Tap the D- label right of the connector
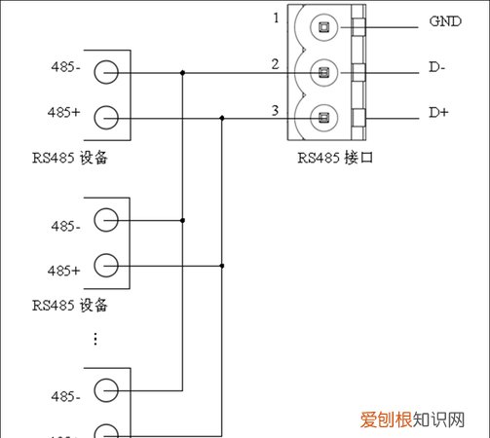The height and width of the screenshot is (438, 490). tap(437, 68)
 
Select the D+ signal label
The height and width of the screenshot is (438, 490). tap(438, 114)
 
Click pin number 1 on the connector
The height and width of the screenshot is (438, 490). tap(277, 18)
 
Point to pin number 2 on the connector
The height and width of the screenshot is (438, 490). tap(277, 64)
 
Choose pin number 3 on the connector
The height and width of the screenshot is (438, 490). tap(277, 110)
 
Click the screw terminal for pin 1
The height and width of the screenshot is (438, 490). tap(322, 27)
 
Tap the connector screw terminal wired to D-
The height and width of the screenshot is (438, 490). tap(322, 73)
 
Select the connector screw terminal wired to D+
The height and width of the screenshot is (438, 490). tap(322, 119)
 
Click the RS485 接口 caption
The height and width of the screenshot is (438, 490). tap(336, 157)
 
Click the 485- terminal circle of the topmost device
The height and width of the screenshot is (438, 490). tap(106, 72)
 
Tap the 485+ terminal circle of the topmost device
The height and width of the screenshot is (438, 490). tap(106, 118)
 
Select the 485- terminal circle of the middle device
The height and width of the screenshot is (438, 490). tap(106, 220)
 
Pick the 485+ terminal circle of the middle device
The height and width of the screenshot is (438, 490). tap(106, 265)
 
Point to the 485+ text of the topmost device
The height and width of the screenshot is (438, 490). tap(64, 114)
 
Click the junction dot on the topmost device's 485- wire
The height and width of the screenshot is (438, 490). tap(182, 72)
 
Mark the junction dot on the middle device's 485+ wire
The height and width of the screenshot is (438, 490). tap(222, 265)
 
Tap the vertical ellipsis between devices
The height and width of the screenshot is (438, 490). tap(95, 339)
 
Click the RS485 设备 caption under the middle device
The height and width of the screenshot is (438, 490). tap(69, 305)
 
